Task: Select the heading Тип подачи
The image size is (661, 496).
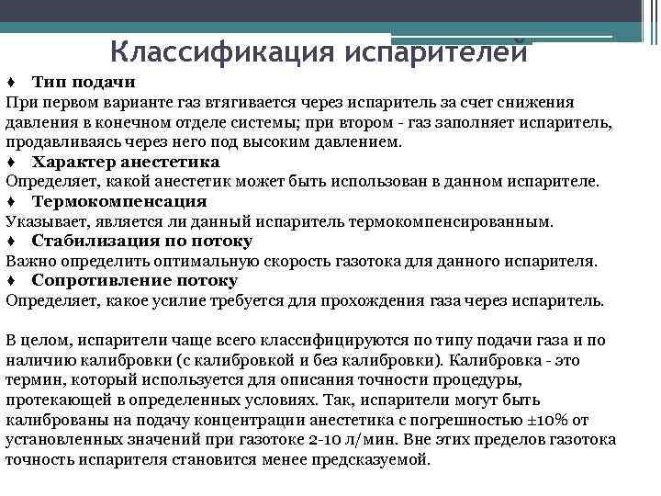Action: tap(84, 83)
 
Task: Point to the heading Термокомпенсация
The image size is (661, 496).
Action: tap(119, 202)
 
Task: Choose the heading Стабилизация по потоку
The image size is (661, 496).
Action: tap(142, 242)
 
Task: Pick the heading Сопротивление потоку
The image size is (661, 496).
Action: tap(135, 281)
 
